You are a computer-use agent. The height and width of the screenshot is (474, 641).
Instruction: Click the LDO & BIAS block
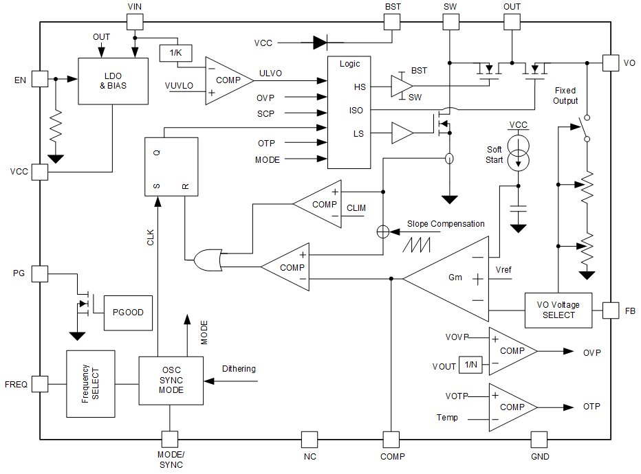click(113, 80)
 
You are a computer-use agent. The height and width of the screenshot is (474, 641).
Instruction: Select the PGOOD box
click(127, 313)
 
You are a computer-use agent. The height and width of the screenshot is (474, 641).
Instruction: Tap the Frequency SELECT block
click(91, 383)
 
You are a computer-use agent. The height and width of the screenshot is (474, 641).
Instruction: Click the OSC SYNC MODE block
click(171, 381)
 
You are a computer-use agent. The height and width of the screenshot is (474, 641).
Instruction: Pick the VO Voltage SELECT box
click(558, 311)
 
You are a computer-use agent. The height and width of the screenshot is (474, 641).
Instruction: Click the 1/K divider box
click(176, 53)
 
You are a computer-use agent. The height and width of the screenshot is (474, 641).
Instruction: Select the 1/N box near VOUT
click(470, 365)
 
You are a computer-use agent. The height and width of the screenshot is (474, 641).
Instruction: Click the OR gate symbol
click(208, 260)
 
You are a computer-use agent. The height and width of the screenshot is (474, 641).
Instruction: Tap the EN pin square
click(40, 80)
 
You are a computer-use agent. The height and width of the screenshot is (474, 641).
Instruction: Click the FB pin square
click(611, 311)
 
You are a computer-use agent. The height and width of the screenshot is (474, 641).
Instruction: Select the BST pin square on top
click(391, 22)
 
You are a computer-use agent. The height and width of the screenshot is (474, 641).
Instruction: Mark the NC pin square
click(309, 439)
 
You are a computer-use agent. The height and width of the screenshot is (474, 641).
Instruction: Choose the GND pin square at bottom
click(540, 439)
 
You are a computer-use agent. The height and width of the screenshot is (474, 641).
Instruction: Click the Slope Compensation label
click(446, 224)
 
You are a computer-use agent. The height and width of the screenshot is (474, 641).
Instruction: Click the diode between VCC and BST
click(320, 43)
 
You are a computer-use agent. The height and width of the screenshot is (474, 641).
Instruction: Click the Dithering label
click(239, 369)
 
